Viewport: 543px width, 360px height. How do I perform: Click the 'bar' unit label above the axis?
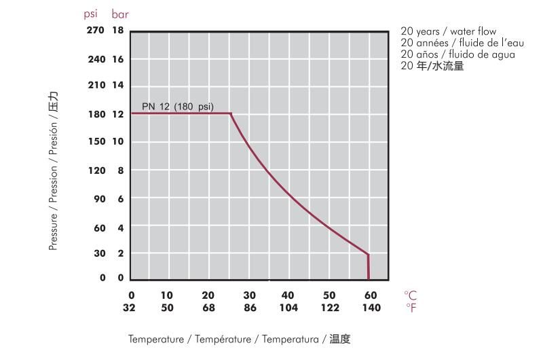pos(119,14)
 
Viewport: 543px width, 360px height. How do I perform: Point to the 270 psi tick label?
pos(96,31)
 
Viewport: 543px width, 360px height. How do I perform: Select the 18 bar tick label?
pos(118,31)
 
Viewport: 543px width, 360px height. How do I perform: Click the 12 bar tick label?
pos(118,114)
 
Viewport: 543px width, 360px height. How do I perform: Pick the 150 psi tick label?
pos(96,142)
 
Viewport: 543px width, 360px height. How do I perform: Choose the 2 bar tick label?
pos(121,253)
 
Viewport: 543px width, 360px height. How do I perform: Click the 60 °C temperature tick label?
pos(371,295)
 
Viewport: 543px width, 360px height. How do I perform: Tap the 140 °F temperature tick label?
pos(371,308)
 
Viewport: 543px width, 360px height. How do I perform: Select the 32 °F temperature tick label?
pos(131,308)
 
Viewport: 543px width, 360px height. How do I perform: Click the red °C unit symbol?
pos(410,295)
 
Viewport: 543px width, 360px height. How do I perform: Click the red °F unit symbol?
pos(410,308)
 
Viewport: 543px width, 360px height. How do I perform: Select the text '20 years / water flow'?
pos(448,32)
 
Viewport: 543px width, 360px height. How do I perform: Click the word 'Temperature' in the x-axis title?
pos(155,339)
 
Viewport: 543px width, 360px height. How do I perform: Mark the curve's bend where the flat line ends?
pos(231,113)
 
